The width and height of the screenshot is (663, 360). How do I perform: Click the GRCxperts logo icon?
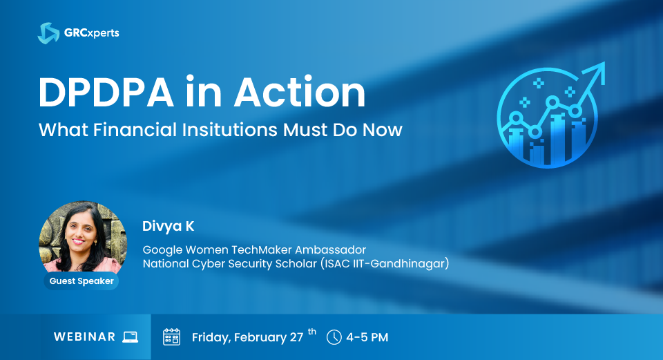(x=48, y=33)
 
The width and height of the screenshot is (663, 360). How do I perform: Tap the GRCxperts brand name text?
(x=92, y=33)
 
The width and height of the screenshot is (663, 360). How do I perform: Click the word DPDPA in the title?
(x=106, y=92)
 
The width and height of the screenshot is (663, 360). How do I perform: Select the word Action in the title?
(x=300, y=92)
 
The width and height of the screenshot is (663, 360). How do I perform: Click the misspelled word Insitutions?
(x=229, y=130)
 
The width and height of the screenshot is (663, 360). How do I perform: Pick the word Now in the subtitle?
(x=383, y=130)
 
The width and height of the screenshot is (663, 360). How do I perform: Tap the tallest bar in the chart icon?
(x=558, y=138)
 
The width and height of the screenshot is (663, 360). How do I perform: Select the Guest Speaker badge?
(x=81, y=281)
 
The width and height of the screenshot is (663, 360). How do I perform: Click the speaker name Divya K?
(x=169, y=227)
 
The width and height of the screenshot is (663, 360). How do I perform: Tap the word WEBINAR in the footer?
(x=84, y=337)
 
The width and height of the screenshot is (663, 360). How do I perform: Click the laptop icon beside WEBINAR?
(x=131, y=337)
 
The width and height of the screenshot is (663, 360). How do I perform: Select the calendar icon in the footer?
(x=172, y=337)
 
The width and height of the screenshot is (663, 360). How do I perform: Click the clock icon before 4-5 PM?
(x=334, y=337)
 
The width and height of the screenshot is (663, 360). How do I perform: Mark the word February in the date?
(x=260, y=338)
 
